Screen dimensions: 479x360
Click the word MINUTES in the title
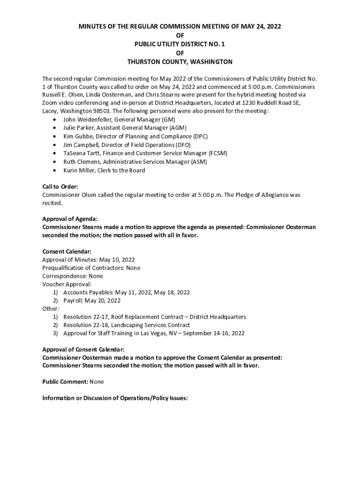point(92,27)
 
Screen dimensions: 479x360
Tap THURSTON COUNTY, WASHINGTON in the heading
point(180,62)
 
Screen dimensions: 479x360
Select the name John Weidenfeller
point(85,120)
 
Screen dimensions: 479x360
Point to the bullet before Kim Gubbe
point(56,137)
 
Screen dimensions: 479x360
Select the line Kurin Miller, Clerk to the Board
point(104,170)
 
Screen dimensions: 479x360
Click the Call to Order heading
point(60,187)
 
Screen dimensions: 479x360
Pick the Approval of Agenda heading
point(70,219)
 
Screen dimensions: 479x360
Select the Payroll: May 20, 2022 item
point(92,300)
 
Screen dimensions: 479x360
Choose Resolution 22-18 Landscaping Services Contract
point(127,325)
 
